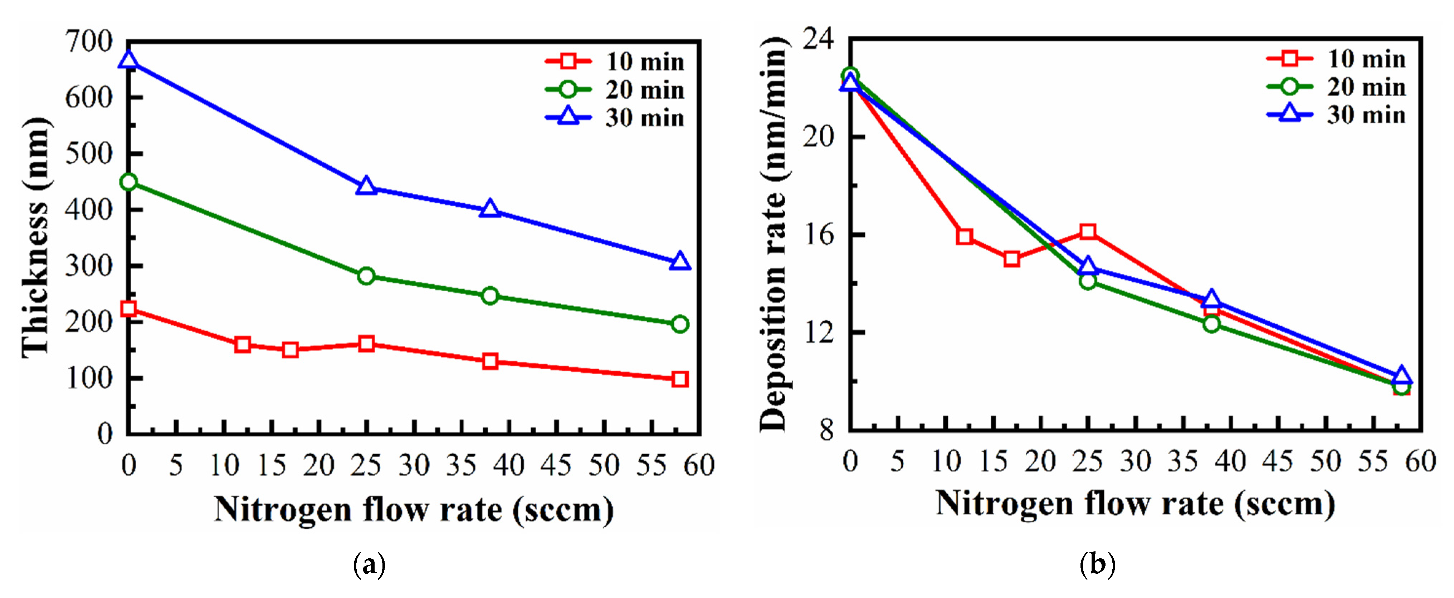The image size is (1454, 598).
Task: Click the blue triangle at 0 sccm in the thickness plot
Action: [129, 60]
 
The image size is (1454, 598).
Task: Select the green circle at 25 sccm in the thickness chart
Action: [366, 276]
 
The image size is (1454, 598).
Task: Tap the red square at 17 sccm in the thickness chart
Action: [290, 350]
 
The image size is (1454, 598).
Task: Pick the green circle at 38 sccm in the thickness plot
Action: [490, 296]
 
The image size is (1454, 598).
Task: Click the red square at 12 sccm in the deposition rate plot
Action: [965, 236]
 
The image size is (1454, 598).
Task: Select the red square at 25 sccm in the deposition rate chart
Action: [1088, 231]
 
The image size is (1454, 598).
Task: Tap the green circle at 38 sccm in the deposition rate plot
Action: [1211, 324]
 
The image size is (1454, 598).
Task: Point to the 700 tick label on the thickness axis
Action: [89, 42]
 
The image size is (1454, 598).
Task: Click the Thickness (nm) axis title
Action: [35, 237]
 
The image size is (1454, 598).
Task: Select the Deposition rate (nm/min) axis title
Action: [773, 234]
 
